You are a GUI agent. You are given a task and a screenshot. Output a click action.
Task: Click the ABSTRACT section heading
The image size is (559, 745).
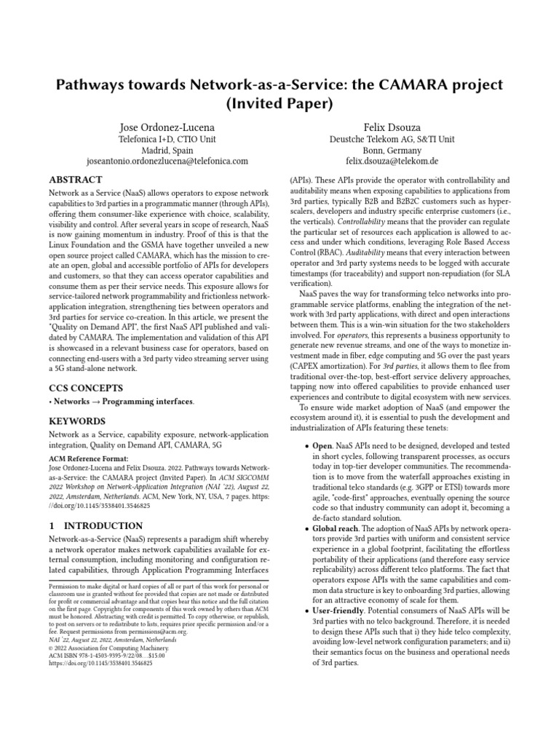75,179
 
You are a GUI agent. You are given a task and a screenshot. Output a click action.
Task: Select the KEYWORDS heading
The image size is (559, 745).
76,421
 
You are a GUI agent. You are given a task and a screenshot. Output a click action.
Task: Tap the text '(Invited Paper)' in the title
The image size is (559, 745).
279,103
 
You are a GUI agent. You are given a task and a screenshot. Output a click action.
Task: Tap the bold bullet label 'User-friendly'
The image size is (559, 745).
333,612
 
